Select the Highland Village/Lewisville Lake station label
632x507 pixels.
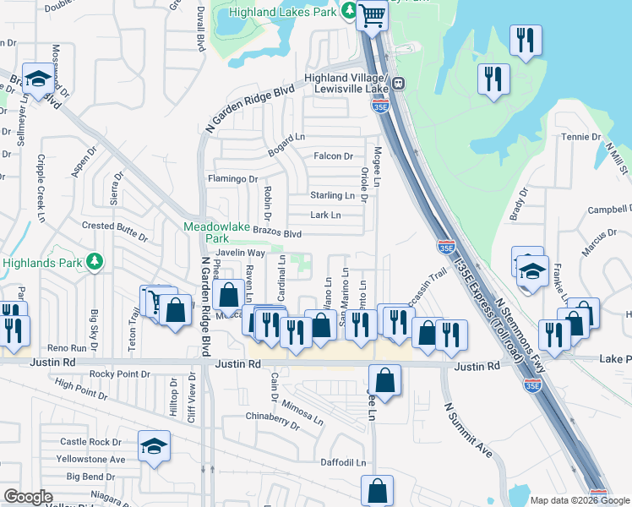[x=346, y=84]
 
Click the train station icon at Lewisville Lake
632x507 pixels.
[x=397, y=84]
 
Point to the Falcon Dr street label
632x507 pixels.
[x=333, y=156]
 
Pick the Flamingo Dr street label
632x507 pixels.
[x=232, y=179]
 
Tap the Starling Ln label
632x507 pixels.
[x=332, y=195]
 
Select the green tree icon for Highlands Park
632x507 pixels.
[x=95, y=263]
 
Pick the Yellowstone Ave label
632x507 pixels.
[x=93, y=460]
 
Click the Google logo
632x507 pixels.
[x=28, y=497]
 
